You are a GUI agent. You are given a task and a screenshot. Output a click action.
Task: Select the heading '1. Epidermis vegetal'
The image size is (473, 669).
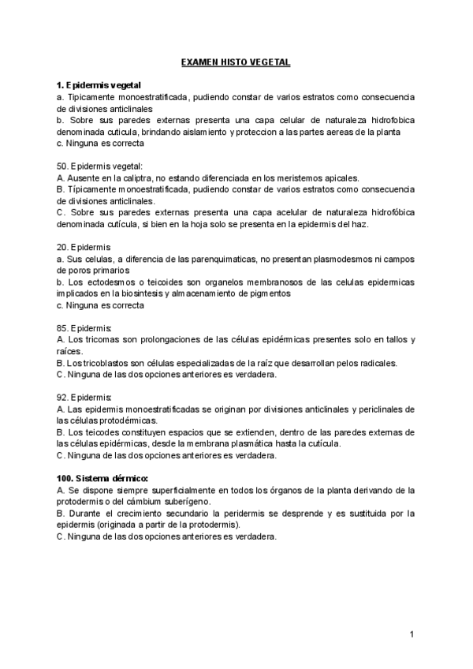99,84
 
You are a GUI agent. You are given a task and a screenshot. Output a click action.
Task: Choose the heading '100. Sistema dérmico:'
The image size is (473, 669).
102,478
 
